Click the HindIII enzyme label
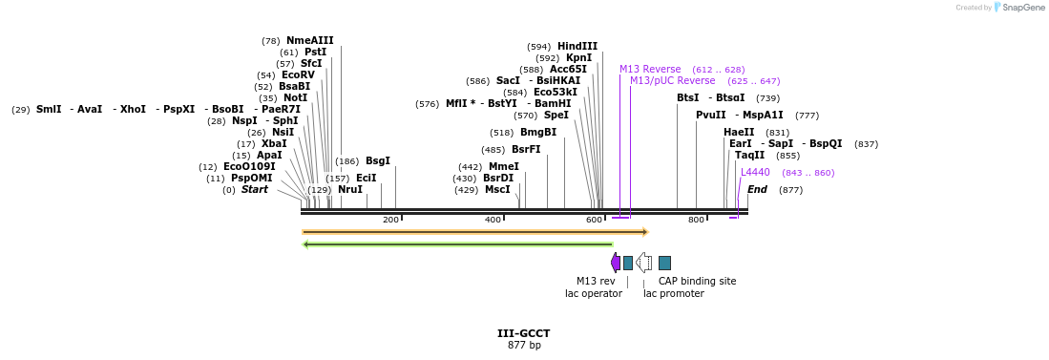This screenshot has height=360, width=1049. point(577,46)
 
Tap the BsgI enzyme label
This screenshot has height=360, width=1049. point(378,161)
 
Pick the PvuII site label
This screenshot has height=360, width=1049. point(710,116)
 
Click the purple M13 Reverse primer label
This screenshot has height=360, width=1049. point(650,70)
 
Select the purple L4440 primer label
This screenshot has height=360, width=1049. point(755,173)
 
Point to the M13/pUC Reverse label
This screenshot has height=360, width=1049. point(672,81)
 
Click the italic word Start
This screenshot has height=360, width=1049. point(254,190)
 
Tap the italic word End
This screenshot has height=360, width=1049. point(757,190)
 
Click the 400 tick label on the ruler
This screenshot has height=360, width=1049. point(493,221)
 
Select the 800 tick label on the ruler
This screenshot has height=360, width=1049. point(696,221)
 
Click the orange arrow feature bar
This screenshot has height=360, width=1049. point(474,232)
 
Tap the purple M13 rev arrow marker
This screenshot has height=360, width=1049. point(616,263)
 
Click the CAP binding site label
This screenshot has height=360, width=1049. point(697,282)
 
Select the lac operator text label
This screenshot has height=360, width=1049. point(593,294)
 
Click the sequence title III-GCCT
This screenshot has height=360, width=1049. point(523,333)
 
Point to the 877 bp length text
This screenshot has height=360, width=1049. point(523,345)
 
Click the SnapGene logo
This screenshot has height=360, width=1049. point(1019,8)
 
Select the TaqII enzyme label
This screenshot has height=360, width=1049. point(749,156)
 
